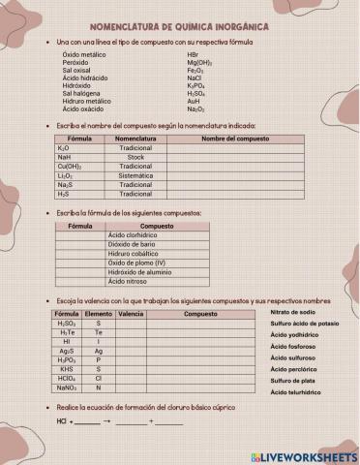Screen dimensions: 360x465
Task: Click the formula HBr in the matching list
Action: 193,54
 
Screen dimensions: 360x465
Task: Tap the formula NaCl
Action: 194,77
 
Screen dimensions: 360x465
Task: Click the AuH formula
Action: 194,101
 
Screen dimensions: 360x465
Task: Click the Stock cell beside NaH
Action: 135,157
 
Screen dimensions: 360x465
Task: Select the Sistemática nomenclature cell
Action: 135,175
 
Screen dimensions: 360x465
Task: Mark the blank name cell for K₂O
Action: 234,148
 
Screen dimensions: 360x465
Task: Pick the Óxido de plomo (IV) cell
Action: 136,263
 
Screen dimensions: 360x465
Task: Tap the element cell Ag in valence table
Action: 98,352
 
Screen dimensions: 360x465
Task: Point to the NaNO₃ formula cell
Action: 67,387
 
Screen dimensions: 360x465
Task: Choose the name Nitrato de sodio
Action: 293,312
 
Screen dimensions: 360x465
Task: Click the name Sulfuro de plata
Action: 294,382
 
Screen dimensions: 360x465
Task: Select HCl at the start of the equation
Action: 62,422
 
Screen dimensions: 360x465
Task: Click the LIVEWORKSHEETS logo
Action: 303,455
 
